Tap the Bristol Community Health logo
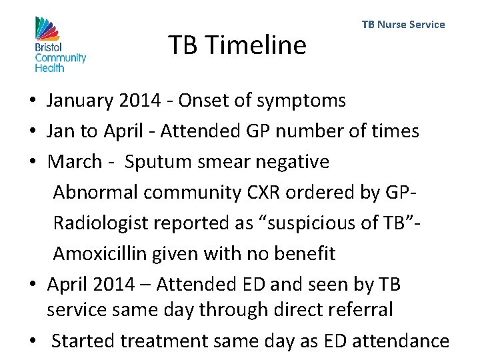[x=60, y=44]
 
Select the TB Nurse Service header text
[x=403, y=25]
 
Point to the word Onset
[x=197, y=101]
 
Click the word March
[x=74, y=161]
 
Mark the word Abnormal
[x=95, y=192]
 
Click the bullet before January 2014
[x=32, y=102]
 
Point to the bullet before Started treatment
[x=32, y=342]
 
